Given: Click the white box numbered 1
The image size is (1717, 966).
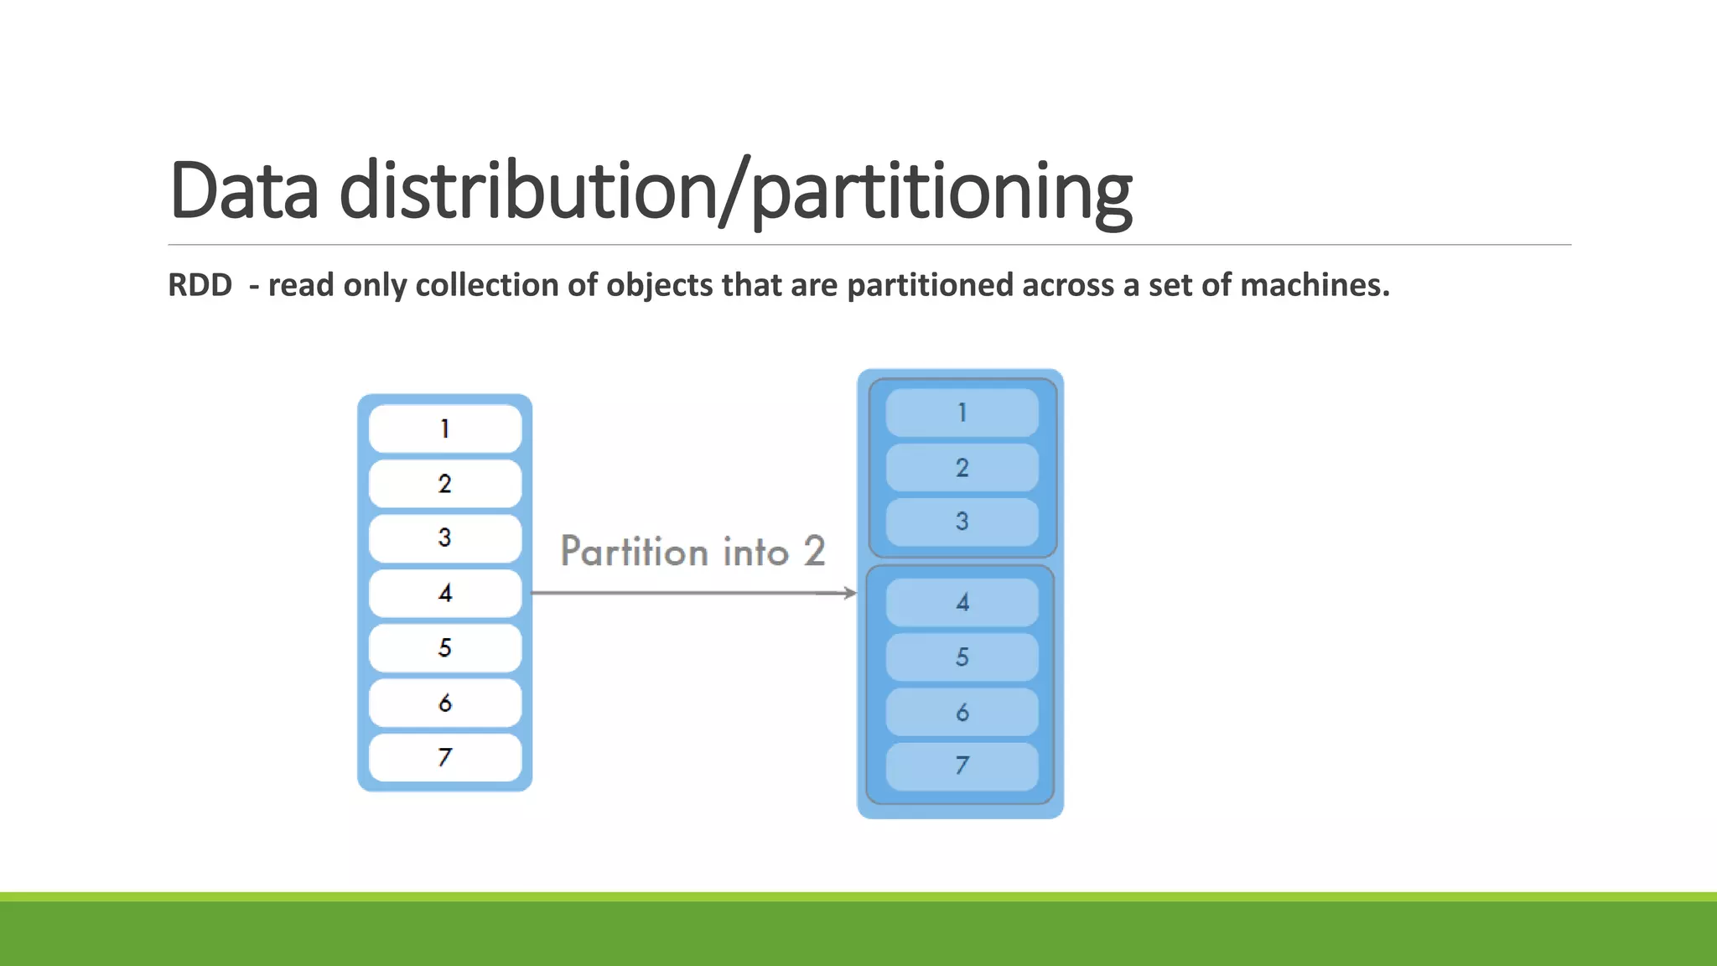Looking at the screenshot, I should tap(444, 428).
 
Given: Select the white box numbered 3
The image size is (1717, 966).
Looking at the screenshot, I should tap(444, 538).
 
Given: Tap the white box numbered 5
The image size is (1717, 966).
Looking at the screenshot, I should tap(444, 647).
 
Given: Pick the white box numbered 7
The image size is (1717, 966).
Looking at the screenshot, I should tap(444, 757).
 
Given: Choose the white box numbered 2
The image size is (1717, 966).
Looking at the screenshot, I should tap(444, 483).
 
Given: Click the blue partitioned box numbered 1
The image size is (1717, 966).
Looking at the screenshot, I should tap(962, 413).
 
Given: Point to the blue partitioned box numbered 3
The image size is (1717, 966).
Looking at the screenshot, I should tap(962, 522).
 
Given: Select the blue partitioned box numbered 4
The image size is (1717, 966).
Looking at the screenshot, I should tap(962, 602).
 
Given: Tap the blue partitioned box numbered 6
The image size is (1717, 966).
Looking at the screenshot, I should tap(962, 712).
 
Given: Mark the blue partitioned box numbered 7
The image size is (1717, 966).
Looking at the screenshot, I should tap(962, 766).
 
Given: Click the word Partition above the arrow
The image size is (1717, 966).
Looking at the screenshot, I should tap(634, 552).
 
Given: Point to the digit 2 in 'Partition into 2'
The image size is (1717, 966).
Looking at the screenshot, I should tap(814, 552).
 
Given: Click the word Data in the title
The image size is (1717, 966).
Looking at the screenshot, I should tap(243, 190).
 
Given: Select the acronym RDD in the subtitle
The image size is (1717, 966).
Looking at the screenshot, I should tap(200, 285).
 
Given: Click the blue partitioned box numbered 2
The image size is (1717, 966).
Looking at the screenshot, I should tap(962, 467).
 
